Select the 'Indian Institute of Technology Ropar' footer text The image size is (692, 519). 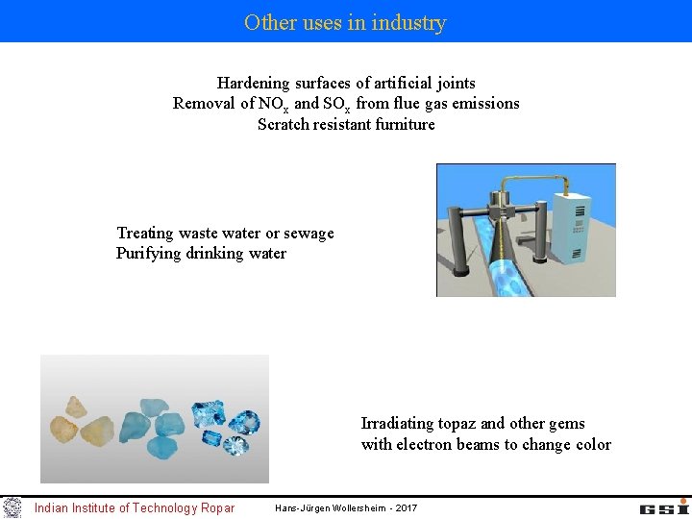pos(134,507)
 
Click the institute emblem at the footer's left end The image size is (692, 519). pos(12,507)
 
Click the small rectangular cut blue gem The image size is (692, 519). pos(210,438)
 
